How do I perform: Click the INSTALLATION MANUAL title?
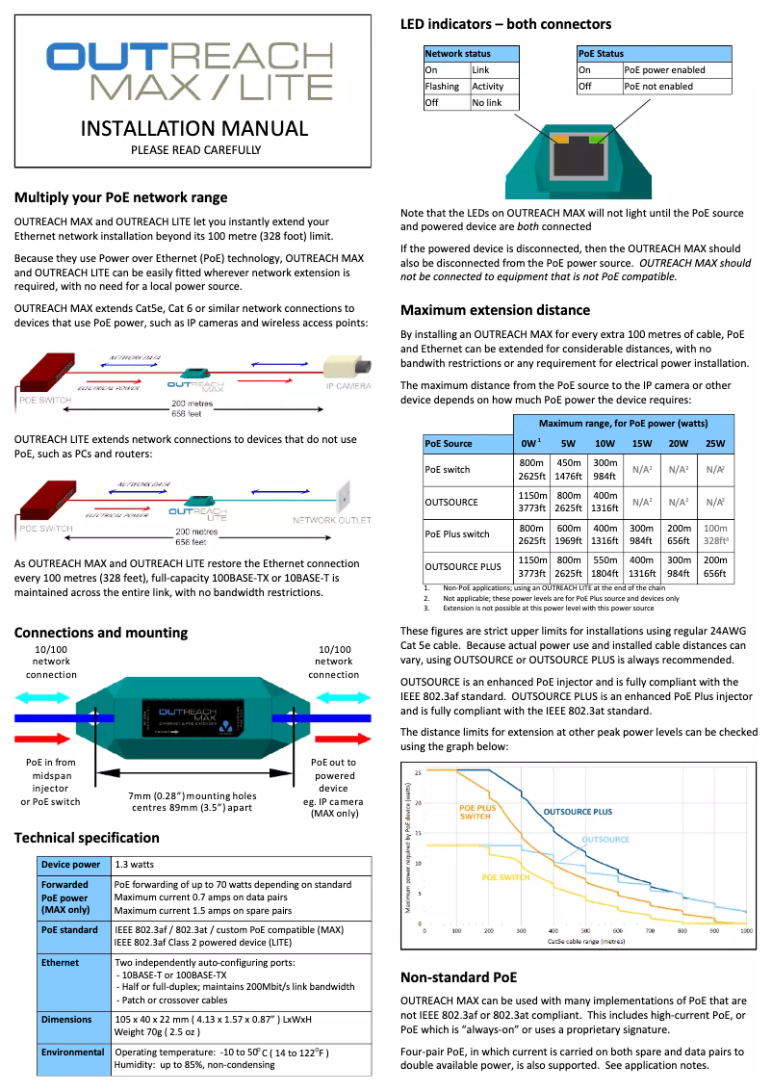[194, 128]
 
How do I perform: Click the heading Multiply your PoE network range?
[120, 197]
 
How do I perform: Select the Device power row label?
[71, 865]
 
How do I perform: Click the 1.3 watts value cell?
[136, 865]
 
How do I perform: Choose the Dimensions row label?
[66, 1018]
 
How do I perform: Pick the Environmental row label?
[72, 1053]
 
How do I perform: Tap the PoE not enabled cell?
[658, 86]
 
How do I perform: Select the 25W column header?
[713, 444]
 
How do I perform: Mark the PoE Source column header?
[449, 444]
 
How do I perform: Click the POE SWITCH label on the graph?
[505, 877]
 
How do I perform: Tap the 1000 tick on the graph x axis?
[745, 931]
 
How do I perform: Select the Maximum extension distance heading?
[495, 310]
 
